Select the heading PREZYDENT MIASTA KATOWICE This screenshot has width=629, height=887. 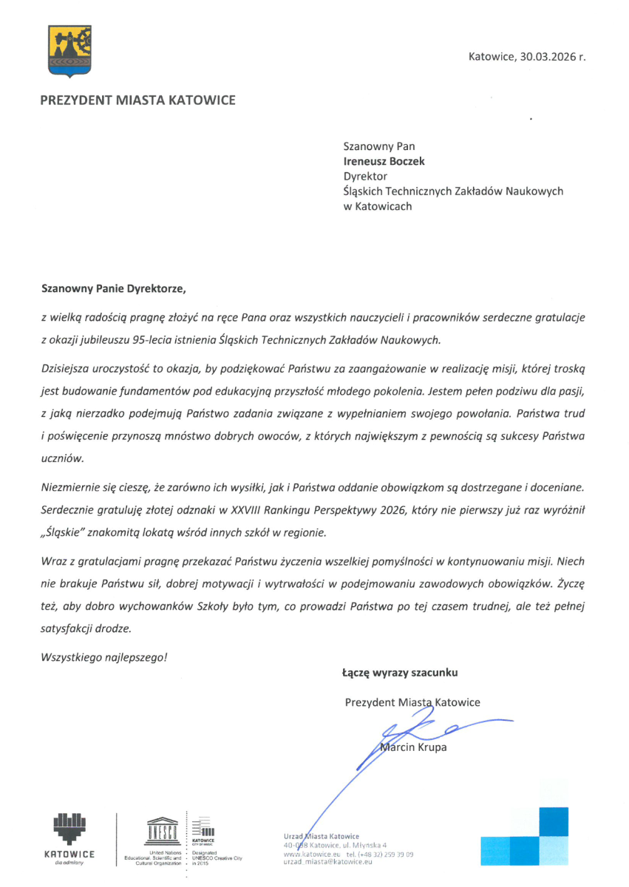(138, 100)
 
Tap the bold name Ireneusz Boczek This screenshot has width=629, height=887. (383, 161)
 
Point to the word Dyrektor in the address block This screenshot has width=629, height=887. (365, 176)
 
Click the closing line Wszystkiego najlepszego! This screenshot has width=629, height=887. (105, 655)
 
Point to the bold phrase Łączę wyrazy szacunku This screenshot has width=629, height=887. (399, 673)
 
